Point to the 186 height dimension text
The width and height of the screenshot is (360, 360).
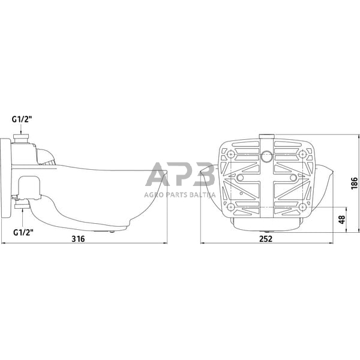(x=354, y=183)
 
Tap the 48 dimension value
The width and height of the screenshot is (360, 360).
(x=342, y=220)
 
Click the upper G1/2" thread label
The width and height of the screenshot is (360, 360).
(x=22, y=119)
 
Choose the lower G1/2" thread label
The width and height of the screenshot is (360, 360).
(x=23, y=226)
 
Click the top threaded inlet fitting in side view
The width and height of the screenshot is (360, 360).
(x=21, y=139)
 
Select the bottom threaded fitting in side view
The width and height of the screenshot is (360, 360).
(x=22, y=205)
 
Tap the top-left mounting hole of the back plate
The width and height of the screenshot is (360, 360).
(x=230, y=154)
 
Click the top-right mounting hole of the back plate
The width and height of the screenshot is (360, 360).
(x=303, y=154)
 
